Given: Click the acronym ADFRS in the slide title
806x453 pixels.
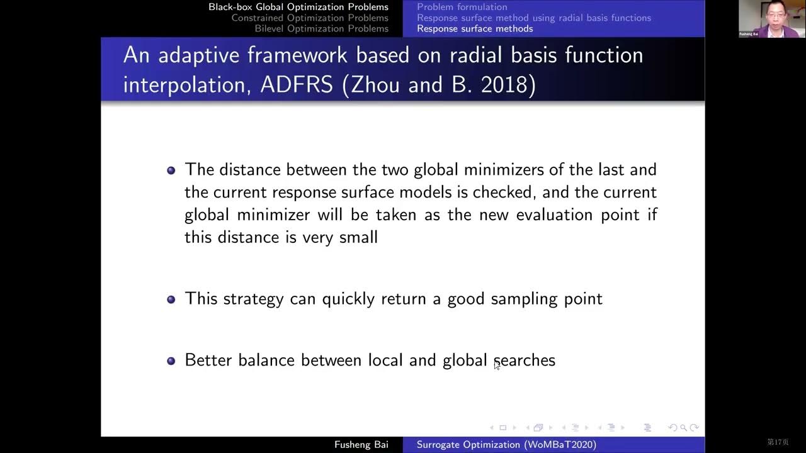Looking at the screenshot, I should click(x=297, y=84).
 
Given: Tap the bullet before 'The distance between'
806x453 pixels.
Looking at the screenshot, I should click(x=171, y=171).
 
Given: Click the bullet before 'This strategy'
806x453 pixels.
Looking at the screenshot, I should click(x=171, y=299).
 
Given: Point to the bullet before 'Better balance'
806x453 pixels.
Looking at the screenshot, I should click(x=171, y=361).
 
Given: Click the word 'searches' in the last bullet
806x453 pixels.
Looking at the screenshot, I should click(x=525, y=361).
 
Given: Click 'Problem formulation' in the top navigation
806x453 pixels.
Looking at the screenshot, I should click(x=462, y=7).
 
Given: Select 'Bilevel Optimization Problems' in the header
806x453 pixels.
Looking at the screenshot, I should click(x=321, y=28).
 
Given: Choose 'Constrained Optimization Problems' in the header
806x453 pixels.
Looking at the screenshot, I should click(x=309, y=18).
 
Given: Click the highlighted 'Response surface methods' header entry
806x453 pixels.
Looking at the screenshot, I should click(x=475, y=28).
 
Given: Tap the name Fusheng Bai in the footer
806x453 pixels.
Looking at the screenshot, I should click(x=361, y=445).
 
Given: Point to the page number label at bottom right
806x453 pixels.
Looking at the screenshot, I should click(x=778, y=442).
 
